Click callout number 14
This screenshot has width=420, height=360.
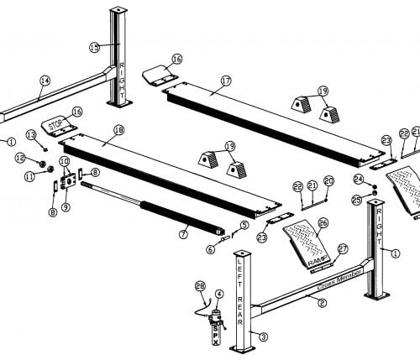45,81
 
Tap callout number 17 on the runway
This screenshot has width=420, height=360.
226,81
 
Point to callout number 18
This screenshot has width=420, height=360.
118,130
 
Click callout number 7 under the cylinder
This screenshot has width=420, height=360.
183,234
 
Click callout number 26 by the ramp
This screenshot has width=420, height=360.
323,222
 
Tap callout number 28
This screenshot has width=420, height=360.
199,286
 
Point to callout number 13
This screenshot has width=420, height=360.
30,134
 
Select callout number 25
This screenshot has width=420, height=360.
356,200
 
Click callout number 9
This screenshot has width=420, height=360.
66,206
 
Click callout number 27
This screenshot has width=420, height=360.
342,248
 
